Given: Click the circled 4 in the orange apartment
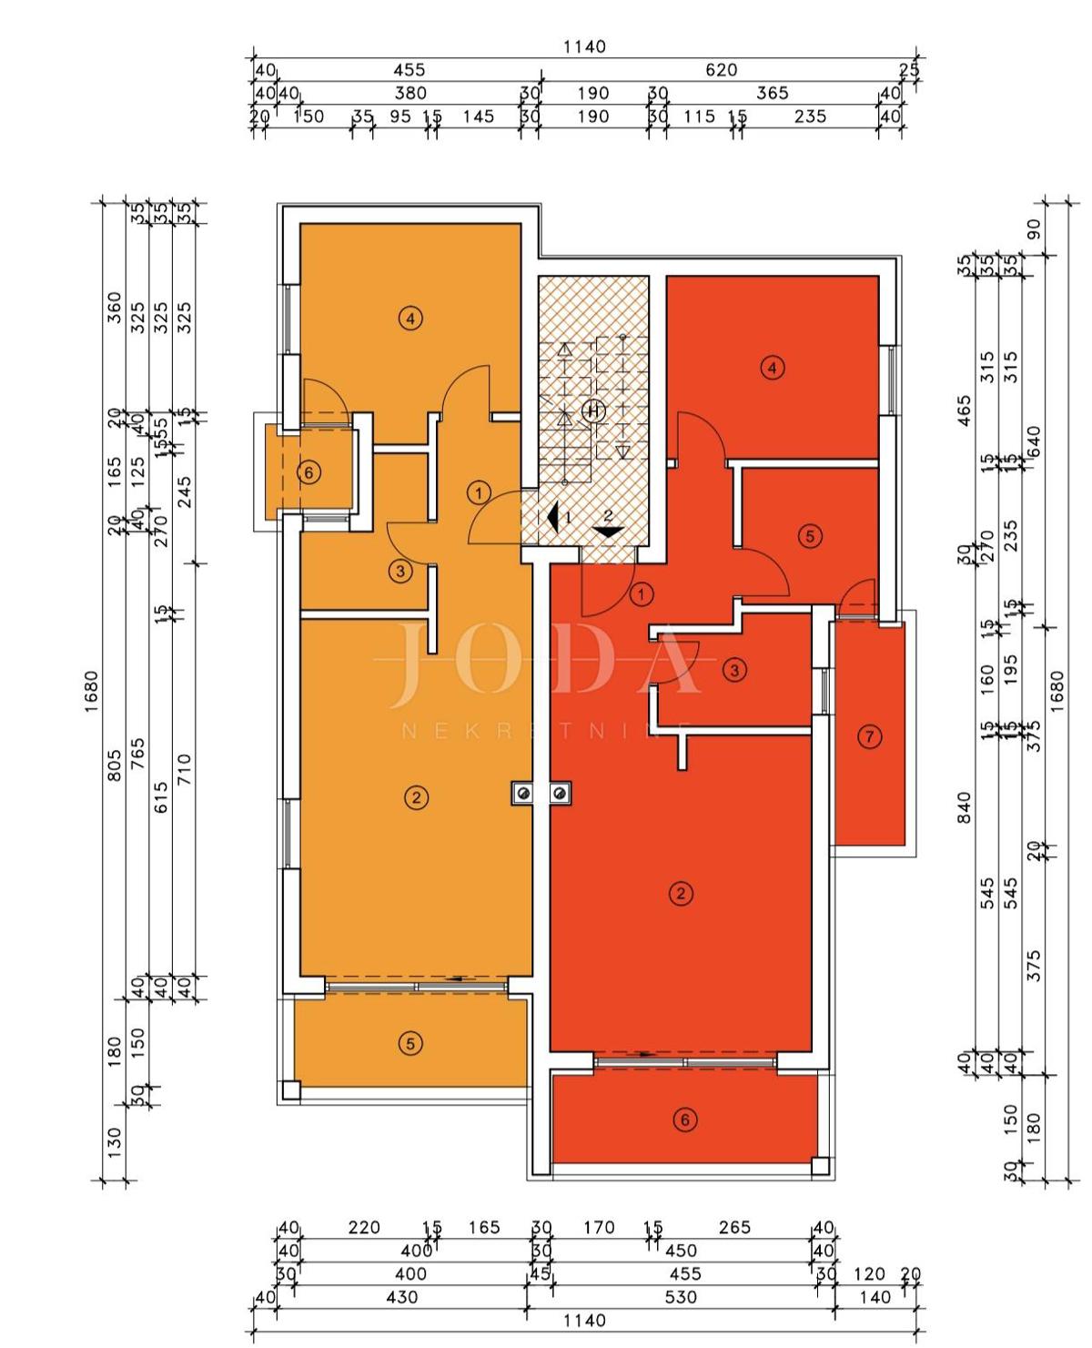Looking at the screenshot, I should coord(410,319).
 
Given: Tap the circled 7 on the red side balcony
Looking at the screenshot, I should coord(870,736).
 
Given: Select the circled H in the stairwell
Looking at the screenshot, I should coord(593,411).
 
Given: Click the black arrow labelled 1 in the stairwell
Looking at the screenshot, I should coord(552,517).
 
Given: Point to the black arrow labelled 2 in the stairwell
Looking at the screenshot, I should coord(607,531).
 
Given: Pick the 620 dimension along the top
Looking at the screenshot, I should coord(721,70).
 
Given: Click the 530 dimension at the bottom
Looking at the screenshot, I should coord(681,1297).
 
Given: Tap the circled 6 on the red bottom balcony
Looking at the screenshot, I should coord(685,1120).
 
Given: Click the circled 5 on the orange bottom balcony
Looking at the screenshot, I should coord(410,1043).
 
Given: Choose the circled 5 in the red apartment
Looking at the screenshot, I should coord(810,536).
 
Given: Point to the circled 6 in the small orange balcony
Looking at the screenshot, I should coord(309,472).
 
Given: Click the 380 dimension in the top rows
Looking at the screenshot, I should coord(410,93).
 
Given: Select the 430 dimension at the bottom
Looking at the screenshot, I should coord(401,1297).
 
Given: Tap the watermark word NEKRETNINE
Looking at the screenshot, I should coord(546,730).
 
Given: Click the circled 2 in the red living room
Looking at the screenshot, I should coord(681,893).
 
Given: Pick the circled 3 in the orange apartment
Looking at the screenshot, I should coord(400,572).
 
